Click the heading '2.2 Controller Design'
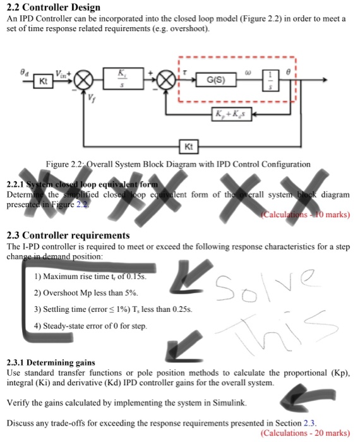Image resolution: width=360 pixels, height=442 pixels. pyautogui.click(x=54, y=8)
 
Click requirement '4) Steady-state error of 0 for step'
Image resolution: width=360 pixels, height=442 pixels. pyautogui.click(x=91, y=326)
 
